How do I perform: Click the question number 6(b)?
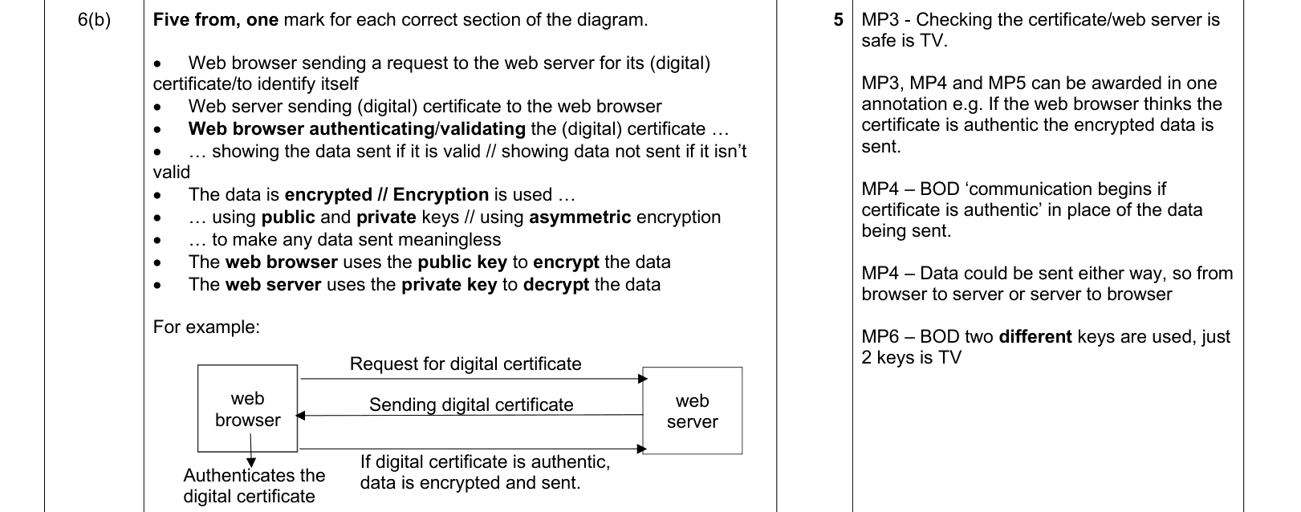tap(94, 20)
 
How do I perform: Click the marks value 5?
tap(838, 20)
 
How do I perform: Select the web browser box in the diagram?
tap(247, 408)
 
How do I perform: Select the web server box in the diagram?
tap(693, 410)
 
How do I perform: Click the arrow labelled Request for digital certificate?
tap(474, 379)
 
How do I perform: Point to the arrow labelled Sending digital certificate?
tap(470, 415)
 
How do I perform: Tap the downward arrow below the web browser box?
tap(251, 450)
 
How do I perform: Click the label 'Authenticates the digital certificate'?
tap(254, 486)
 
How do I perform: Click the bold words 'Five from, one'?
tap(215, 20)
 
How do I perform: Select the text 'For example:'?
tap(206, 327)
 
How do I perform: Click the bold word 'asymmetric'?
tap(579, 217)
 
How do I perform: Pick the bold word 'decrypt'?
tap(556, 285)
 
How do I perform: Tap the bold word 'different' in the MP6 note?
tap(1035, 337)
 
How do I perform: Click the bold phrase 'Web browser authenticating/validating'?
tap(356, 129)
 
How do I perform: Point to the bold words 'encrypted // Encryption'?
tap(386, 194)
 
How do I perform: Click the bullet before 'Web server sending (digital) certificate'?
tap(157, 108)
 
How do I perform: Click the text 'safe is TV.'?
tap(904, 41)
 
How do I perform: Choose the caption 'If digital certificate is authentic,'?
tap(485, 462)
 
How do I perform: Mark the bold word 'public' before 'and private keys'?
tap(288, 217)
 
